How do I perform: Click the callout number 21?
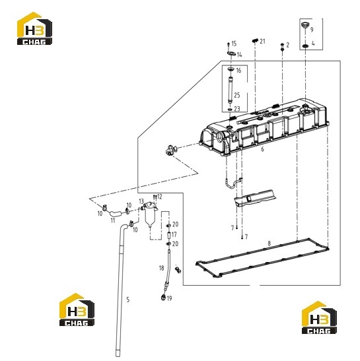pyautogui.click(x=262, y=41)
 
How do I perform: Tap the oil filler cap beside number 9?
pyautogui.click(x=305, y=24)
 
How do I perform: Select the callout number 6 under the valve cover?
pyautogui.click(x=262, y=149)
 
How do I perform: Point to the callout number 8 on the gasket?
pyautogui.click(x=270, y=243)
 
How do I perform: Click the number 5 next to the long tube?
pyautogui.click(x=128, y=300)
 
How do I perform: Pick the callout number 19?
pyautogui.click(x=169, y=298)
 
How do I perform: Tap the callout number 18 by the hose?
pyautogui.click(x=161, y=268)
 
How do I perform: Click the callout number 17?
pyautogui.click(x=174, y=234)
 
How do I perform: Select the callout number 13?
pyautogui.click(x=141, y=201)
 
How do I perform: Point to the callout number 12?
pyautogui.click(x=159, y=197)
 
